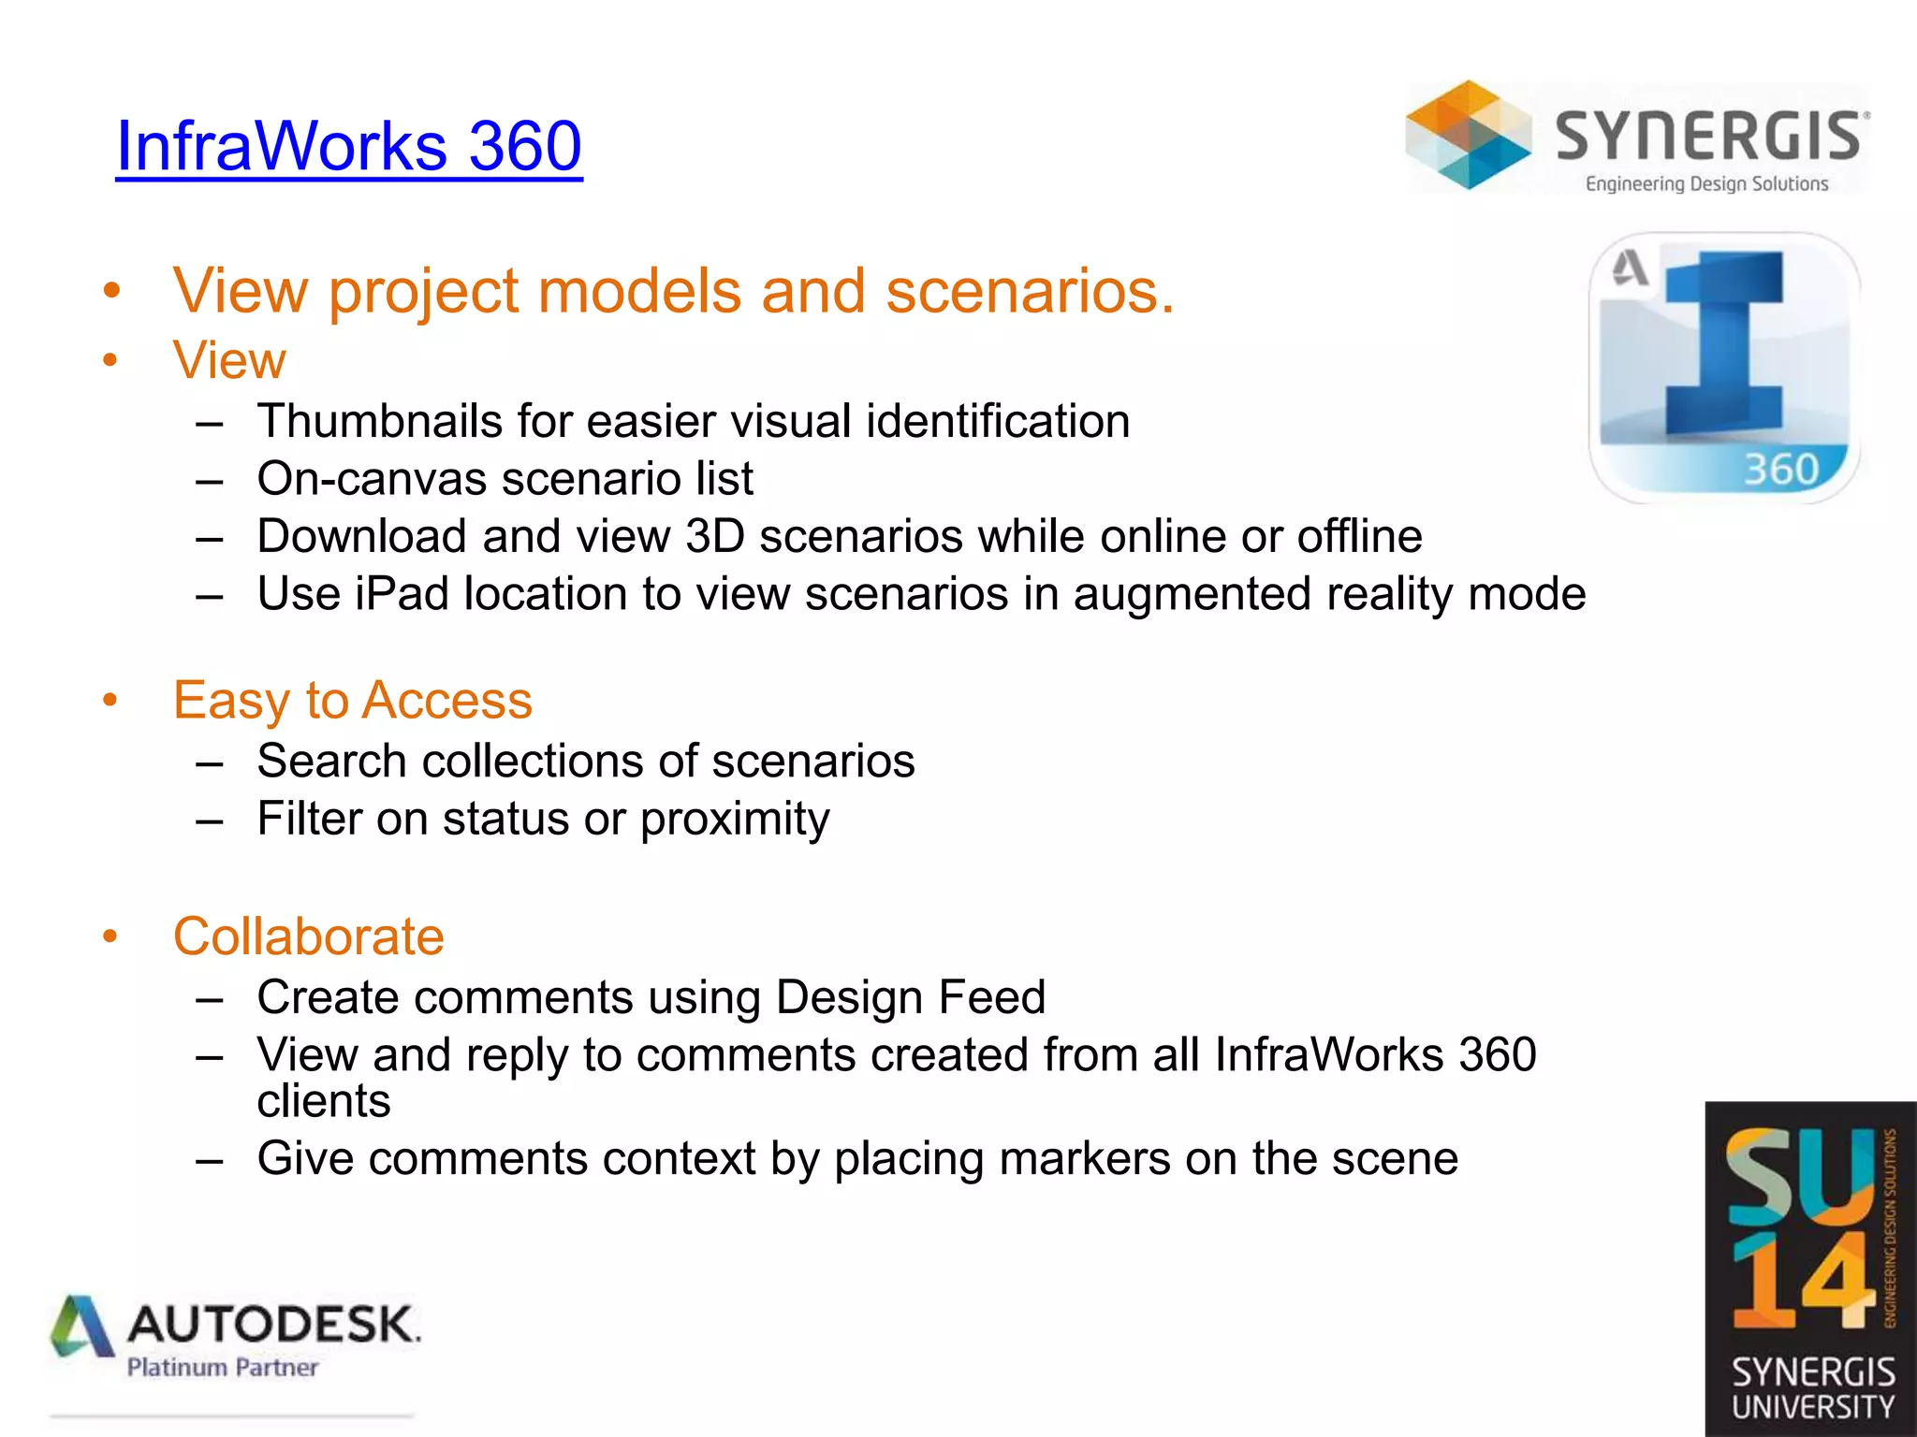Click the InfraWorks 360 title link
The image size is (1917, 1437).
click(x=348, y=146)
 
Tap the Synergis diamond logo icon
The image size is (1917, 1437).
click(x=1468, y=136)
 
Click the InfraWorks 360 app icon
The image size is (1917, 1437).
click(x=1724, y=368)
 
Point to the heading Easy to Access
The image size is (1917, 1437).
click(x=353, y=701)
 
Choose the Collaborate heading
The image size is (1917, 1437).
click(x=309, y=936)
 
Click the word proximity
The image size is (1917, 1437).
click(x=735, y=820)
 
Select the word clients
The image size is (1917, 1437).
click(x=324, y=1101)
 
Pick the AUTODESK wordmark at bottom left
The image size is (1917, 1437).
click(x=273, y=1325)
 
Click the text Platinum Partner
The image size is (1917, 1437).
click(x=223, y=1368)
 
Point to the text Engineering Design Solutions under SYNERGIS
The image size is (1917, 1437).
click(x=1706, y=184)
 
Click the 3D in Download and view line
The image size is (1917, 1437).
click(x=715, y=537)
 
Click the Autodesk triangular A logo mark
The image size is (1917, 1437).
click(x=82, y=1327)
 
